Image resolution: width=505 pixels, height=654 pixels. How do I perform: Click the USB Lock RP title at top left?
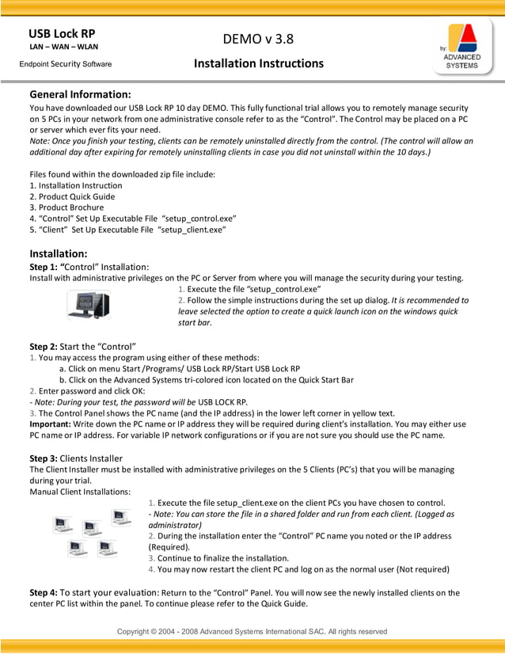point(62,33)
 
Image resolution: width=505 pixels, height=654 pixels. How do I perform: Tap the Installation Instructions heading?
point(259,63)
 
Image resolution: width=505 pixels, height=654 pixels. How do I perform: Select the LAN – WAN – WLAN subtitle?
point(63,47)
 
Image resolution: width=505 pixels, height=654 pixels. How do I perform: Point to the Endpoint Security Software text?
point(66,64)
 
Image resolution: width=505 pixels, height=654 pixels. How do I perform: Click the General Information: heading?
point(80,94)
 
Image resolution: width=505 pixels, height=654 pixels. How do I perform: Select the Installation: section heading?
point(58,253)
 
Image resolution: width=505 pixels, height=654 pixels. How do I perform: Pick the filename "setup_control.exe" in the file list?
point(199,219)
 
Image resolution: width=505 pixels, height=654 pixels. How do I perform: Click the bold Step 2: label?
point(43,346)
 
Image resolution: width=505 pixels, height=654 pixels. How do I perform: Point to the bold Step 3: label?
point(43,458)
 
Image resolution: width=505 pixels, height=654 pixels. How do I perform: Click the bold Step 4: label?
point(43,592)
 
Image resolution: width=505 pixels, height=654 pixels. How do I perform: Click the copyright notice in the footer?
point(252,631)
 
